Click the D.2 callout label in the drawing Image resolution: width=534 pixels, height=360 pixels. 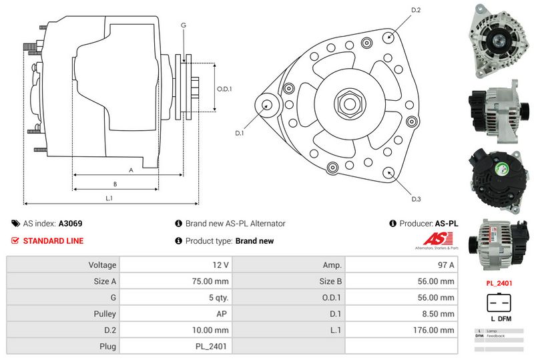[x=415, y=10]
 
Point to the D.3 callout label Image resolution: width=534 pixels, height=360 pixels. [x=416, y=199]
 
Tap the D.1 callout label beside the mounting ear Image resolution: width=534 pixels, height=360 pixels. [x=240, y=133]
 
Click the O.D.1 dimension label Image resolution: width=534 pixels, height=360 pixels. [x=224, y=89]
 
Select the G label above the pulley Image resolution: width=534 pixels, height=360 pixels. [x=183, y=25]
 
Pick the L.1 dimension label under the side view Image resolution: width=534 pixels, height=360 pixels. [x=109, y=198]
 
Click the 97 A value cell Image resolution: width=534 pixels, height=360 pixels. [x=447, y=265]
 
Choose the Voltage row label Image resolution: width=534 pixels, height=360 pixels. [x=102, y=265]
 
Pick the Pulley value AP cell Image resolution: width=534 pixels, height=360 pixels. [x=224, y=314]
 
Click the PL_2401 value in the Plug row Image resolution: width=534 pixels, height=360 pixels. [x=214, y=346]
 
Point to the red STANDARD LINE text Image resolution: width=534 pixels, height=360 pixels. [x=53, y=241]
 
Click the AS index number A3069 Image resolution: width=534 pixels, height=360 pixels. [x=71, y=224]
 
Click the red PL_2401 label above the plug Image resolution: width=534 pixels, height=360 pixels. [x=498, y=283]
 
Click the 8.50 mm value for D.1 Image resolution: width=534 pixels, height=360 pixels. [x=441, y=314]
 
